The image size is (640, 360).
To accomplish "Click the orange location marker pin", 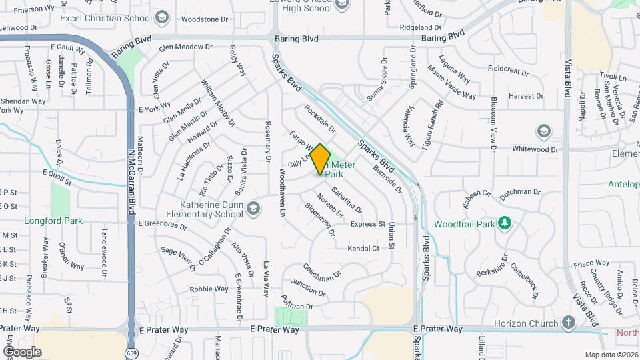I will point(321,159).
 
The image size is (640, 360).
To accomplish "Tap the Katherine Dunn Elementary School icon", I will point(253,210).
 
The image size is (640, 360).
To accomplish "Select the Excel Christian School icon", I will point(162,17).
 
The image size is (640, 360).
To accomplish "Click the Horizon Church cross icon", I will point(568,324).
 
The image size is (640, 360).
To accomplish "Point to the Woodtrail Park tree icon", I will point(505,223).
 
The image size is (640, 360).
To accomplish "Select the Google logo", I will point(21,351).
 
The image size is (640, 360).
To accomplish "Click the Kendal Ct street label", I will point(363,248).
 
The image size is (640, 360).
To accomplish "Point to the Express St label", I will point(368,225).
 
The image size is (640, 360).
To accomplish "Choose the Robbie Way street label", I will point(209,289).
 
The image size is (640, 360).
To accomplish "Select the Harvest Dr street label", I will point(526,96).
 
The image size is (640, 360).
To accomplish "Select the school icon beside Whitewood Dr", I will point(543,131).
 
